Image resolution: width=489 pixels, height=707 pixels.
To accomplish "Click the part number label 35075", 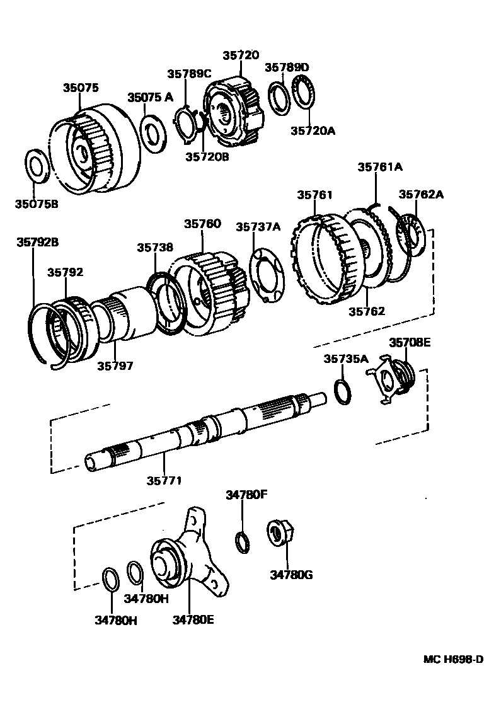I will pos(80,88).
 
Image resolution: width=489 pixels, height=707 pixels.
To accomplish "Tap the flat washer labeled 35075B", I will pos(39,166).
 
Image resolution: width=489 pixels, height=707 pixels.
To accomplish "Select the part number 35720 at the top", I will pos(240,55).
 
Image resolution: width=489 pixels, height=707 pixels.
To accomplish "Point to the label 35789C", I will pos(188,74).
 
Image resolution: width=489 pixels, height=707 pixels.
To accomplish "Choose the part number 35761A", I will pos(380,167).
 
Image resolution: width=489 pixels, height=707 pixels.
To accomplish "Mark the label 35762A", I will pos(420,194).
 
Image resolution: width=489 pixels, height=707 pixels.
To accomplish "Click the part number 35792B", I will pos(37,241).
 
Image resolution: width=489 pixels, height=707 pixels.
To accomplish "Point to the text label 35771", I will pos(164,480).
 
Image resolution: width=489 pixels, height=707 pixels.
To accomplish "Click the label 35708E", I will pos(410,342).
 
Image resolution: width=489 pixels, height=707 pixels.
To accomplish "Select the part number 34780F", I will pos(247,495).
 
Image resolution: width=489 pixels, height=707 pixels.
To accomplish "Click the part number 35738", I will pos(155,248).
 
